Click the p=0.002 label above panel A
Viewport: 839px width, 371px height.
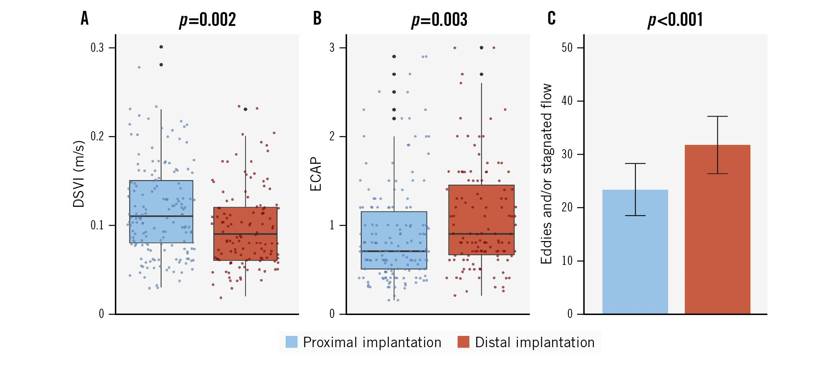pyautogui.click(x=208, y=20)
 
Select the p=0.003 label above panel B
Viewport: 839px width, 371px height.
pyautogui.click(x=439, y=20)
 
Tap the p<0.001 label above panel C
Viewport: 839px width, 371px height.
pyautogui.click(x=675, y=20)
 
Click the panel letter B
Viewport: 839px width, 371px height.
pyautogui.click(x=317, y=18)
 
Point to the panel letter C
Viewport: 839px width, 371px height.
pyautogui.click(x=551, y=18)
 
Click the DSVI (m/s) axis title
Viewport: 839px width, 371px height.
pyautogui.click(x=79, y=174)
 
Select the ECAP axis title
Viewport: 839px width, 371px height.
pyautogui.click(x=316, y=174)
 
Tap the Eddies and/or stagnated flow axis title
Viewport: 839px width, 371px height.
pyautogui.click(x=546, y=174)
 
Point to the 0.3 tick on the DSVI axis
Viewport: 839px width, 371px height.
pyautogui.click(x=97, y=48)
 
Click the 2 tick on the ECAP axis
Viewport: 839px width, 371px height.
pyautogui.click(x=332, y=136)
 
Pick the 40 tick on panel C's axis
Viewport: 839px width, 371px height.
pyautogui.click(x=567, y=101)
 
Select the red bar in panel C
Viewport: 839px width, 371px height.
pyautogui.click(x=717, y=234)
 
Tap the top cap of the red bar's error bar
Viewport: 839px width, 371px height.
pyautogui.click(x=717, y=117)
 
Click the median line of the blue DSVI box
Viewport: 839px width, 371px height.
pyautogui.click(x=161, y=216)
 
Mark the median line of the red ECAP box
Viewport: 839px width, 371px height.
pyautogui.click(x=481, y=234)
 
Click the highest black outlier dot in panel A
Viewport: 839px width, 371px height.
pyautogui.click(x=161, y=47)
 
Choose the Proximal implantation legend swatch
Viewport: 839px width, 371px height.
pyautogui.click(x=291, y=342)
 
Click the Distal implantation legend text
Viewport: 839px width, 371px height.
pyautogui.click(x=535, y=342)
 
